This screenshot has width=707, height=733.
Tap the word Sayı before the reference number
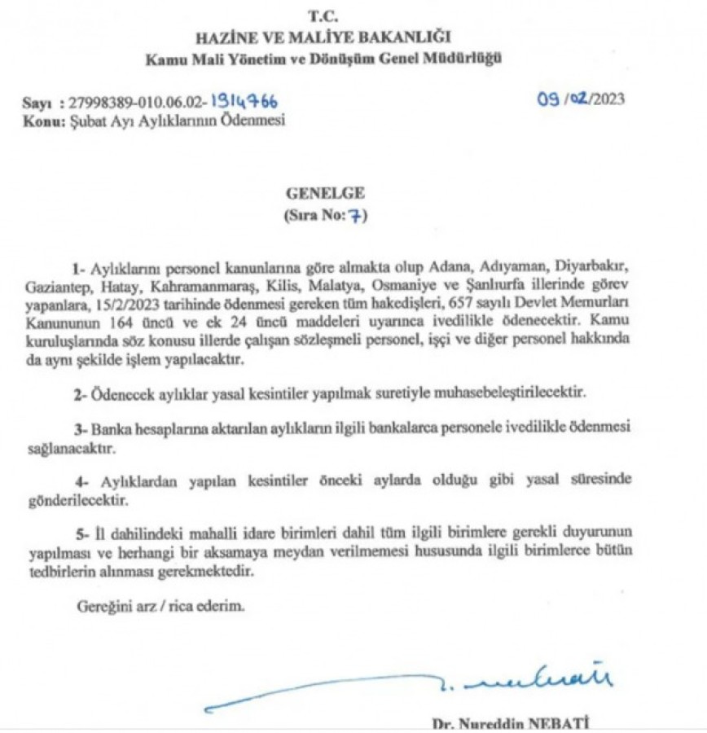(x=37, y=103)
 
